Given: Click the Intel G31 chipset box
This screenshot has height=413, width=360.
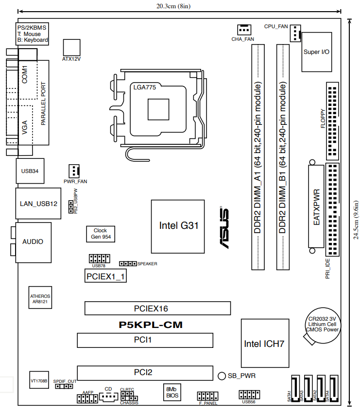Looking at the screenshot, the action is tap(178, 226).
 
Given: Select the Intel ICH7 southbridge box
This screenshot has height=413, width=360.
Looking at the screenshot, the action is tap(265, 343).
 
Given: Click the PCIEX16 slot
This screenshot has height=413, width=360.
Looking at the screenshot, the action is tap(157, 308).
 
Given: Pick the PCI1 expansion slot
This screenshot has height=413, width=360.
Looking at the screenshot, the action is tap(145, 340).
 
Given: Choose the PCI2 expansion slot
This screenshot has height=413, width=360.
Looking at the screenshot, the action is tap(145, 373).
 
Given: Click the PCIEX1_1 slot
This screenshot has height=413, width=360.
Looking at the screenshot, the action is tap(105, 276).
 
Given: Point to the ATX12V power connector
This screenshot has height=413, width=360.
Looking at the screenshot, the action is tap(71, 48).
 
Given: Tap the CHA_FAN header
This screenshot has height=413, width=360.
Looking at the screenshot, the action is tap(244, 30).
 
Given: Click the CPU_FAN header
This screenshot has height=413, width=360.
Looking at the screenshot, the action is tap(295, 34).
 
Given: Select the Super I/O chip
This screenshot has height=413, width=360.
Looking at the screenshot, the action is tap(317, 52).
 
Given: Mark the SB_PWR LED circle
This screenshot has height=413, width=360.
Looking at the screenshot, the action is tap(222, 376).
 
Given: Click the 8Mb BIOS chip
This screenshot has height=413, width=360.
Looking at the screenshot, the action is tap(172, 392).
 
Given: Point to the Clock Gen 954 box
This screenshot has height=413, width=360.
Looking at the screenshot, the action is tap(101, 234).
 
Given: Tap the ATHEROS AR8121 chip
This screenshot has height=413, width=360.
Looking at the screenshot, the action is tap(40, 298).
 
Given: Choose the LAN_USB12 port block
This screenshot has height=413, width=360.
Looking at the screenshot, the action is tap(38, 203).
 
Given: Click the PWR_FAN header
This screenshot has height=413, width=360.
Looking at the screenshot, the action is tap(74, 171).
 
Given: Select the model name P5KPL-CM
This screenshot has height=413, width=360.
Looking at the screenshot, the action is tap(151, 325).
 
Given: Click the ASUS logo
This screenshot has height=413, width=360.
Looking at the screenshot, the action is tap(224, 227).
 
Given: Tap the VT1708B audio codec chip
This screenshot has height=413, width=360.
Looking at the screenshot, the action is tap(39, 380).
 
